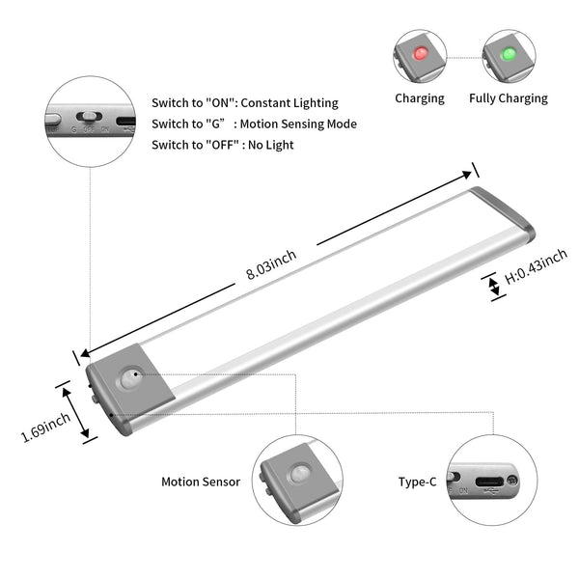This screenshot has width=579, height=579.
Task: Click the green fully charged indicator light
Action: tap(509, 52)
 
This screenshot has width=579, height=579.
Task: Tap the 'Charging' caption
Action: tap(420, 97)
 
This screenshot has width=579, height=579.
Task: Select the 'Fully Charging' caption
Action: tap(509, 97)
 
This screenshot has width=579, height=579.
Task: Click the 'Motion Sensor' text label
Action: tap(200, 481)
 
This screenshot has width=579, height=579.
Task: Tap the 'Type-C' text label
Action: tap(418, 481)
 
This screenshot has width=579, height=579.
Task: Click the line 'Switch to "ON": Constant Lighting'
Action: tap(245, 102)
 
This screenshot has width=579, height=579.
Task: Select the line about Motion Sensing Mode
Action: tap(254, 124)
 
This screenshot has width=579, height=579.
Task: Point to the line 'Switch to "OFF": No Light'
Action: tap(223, 145)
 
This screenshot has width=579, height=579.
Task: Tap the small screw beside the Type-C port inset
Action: tap(511, 480)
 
